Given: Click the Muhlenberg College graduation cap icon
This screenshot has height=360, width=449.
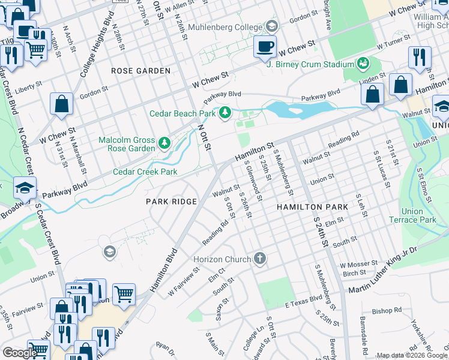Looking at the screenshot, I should pos(272,26).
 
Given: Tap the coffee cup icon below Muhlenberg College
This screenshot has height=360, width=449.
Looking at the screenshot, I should pos(264,47).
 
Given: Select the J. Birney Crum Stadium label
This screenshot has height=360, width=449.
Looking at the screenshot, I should pos(310,65).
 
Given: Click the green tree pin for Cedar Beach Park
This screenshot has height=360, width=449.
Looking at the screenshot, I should pos(226,112).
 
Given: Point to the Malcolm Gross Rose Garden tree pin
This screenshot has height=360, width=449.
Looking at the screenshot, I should pos(164,143).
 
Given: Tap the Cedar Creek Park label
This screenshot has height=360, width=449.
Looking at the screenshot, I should pos(145,172).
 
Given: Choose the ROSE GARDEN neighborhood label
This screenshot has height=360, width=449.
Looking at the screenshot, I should pos(141,71).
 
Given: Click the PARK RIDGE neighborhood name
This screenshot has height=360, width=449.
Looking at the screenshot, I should pos(172,202).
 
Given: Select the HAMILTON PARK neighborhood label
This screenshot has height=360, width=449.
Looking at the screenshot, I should pos(312,206).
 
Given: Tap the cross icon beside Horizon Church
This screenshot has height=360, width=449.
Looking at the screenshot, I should pos(259,258).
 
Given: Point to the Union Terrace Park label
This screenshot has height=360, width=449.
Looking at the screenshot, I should pos(420,215).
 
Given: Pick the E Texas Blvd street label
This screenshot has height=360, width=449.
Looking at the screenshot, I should pos(304,304).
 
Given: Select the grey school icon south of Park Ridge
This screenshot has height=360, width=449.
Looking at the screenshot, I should pos(109,251).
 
